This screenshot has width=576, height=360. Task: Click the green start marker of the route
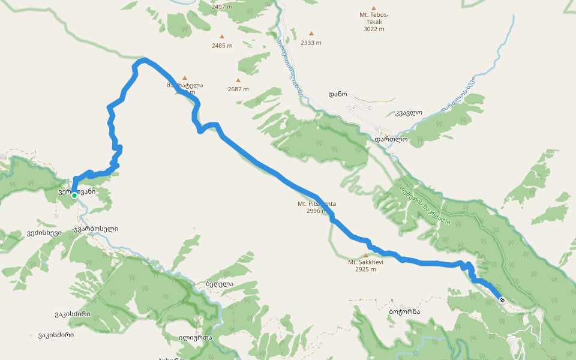tap(74, 196)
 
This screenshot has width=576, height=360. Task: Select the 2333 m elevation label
tap(311, 43)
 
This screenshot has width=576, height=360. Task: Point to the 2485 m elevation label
tap(222, 46)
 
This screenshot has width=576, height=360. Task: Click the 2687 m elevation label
tap(238, 89)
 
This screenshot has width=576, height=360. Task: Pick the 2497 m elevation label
tap(222, 7)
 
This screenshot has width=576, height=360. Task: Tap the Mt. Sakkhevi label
tap(365, 262)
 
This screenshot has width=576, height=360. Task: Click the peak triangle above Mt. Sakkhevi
tap(366, 255)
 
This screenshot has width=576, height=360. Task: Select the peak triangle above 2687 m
tap(238, 80)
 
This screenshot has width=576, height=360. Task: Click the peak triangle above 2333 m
tap(311, 34)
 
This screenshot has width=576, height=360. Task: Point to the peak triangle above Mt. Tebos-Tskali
tap(374, 8)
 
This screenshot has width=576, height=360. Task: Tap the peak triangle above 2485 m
tap(222, 37)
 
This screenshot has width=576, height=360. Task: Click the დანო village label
tap(338, 94)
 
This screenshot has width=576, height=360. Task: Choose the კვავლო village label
tap(409, 112)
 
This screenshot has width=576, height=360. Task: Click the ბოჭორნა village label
tap(404, 312)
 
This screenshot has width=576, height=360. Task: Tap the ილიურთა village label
tap(195, 337)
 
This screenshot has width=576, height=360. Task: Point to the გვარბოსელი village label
tap(96, 229)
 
